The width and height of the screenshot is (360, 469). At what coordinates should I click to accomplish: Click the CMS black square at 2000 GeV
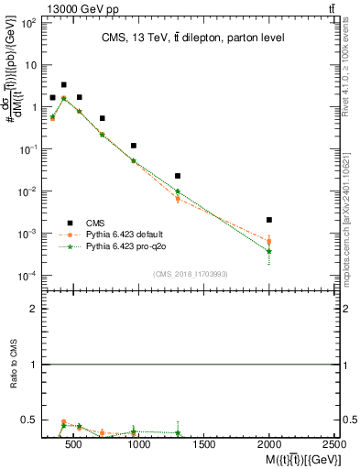pos(268,220)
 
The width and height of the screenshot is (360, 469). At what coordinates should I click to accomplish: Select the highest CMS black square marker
pos(63,84)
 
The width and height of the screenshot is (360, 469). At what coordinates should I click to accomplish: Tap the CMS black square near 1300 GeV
pos(178,176)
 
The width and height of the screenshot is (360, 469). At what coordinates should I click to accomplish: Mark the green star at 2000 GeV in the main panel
pos(268,251)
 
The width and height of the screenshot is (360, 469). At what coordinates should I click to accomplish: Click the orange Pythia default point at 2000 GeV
pos(268,242)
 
